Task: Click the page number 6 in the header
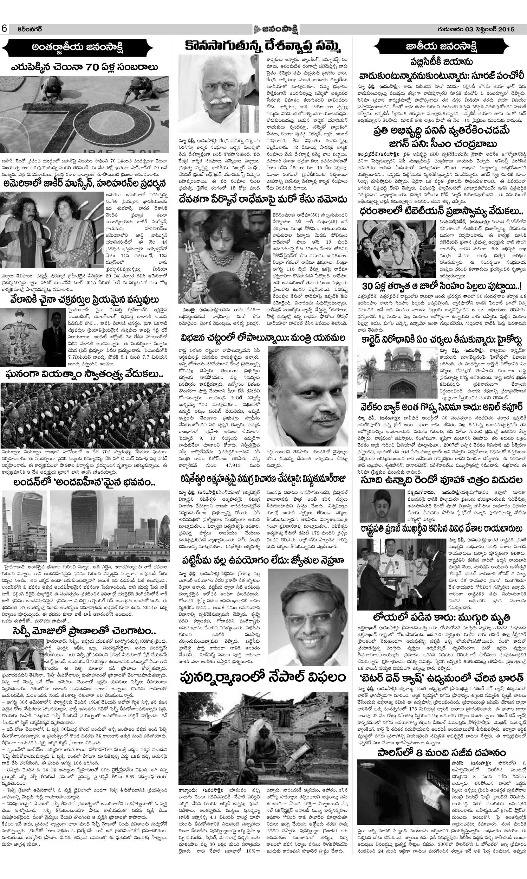pyautogui.click(x=5, y=29)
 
